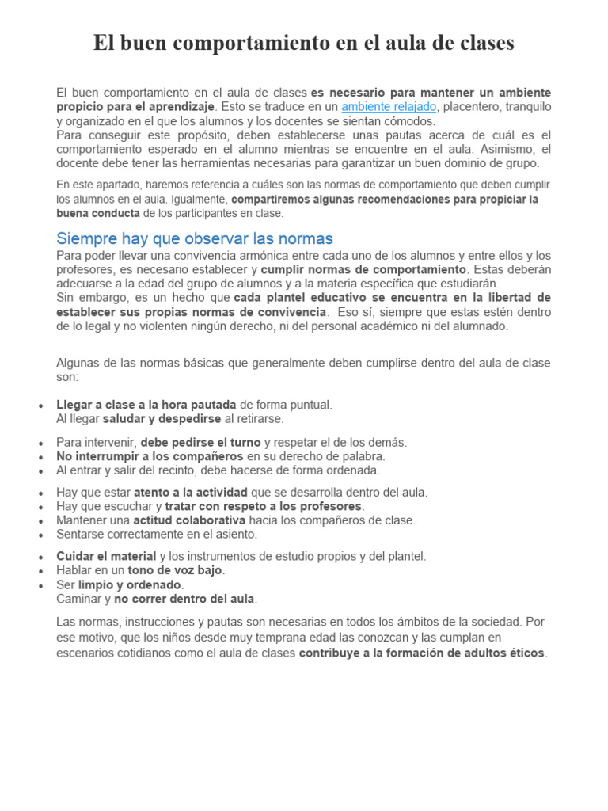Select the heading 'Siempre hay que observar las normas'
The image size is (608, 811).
(195, 238)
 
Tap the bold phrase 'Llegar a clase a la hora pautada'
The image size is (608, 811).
(146, 405)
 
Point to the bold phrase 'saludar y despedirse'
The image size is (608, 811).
(162, 418)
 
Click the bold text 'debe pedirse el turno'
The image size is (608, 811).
(200, 443)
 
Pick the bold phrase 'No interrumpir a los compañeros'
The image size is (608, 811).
(150, 456)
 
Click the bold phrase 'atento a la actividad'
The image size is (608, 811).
(191, 492)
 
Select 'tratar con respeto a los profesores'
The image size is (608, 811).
(264, 505)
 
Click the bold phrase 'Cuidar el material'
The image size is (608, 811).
(106, 556)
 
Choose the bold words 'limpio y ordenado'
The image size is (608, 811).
(130, 584)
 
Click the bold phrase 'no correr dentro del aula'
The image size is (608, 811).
(185, 599)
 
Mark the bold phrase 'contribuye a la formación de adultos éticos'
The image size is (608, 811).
(422, 653)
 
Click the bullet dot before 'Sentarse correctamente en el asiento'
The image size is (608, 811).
(41, 535)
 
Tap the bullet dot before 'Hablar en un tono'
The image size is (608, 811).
(41, 571)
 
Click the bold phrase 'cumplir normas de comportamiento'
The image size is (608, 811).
(363, 269)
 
